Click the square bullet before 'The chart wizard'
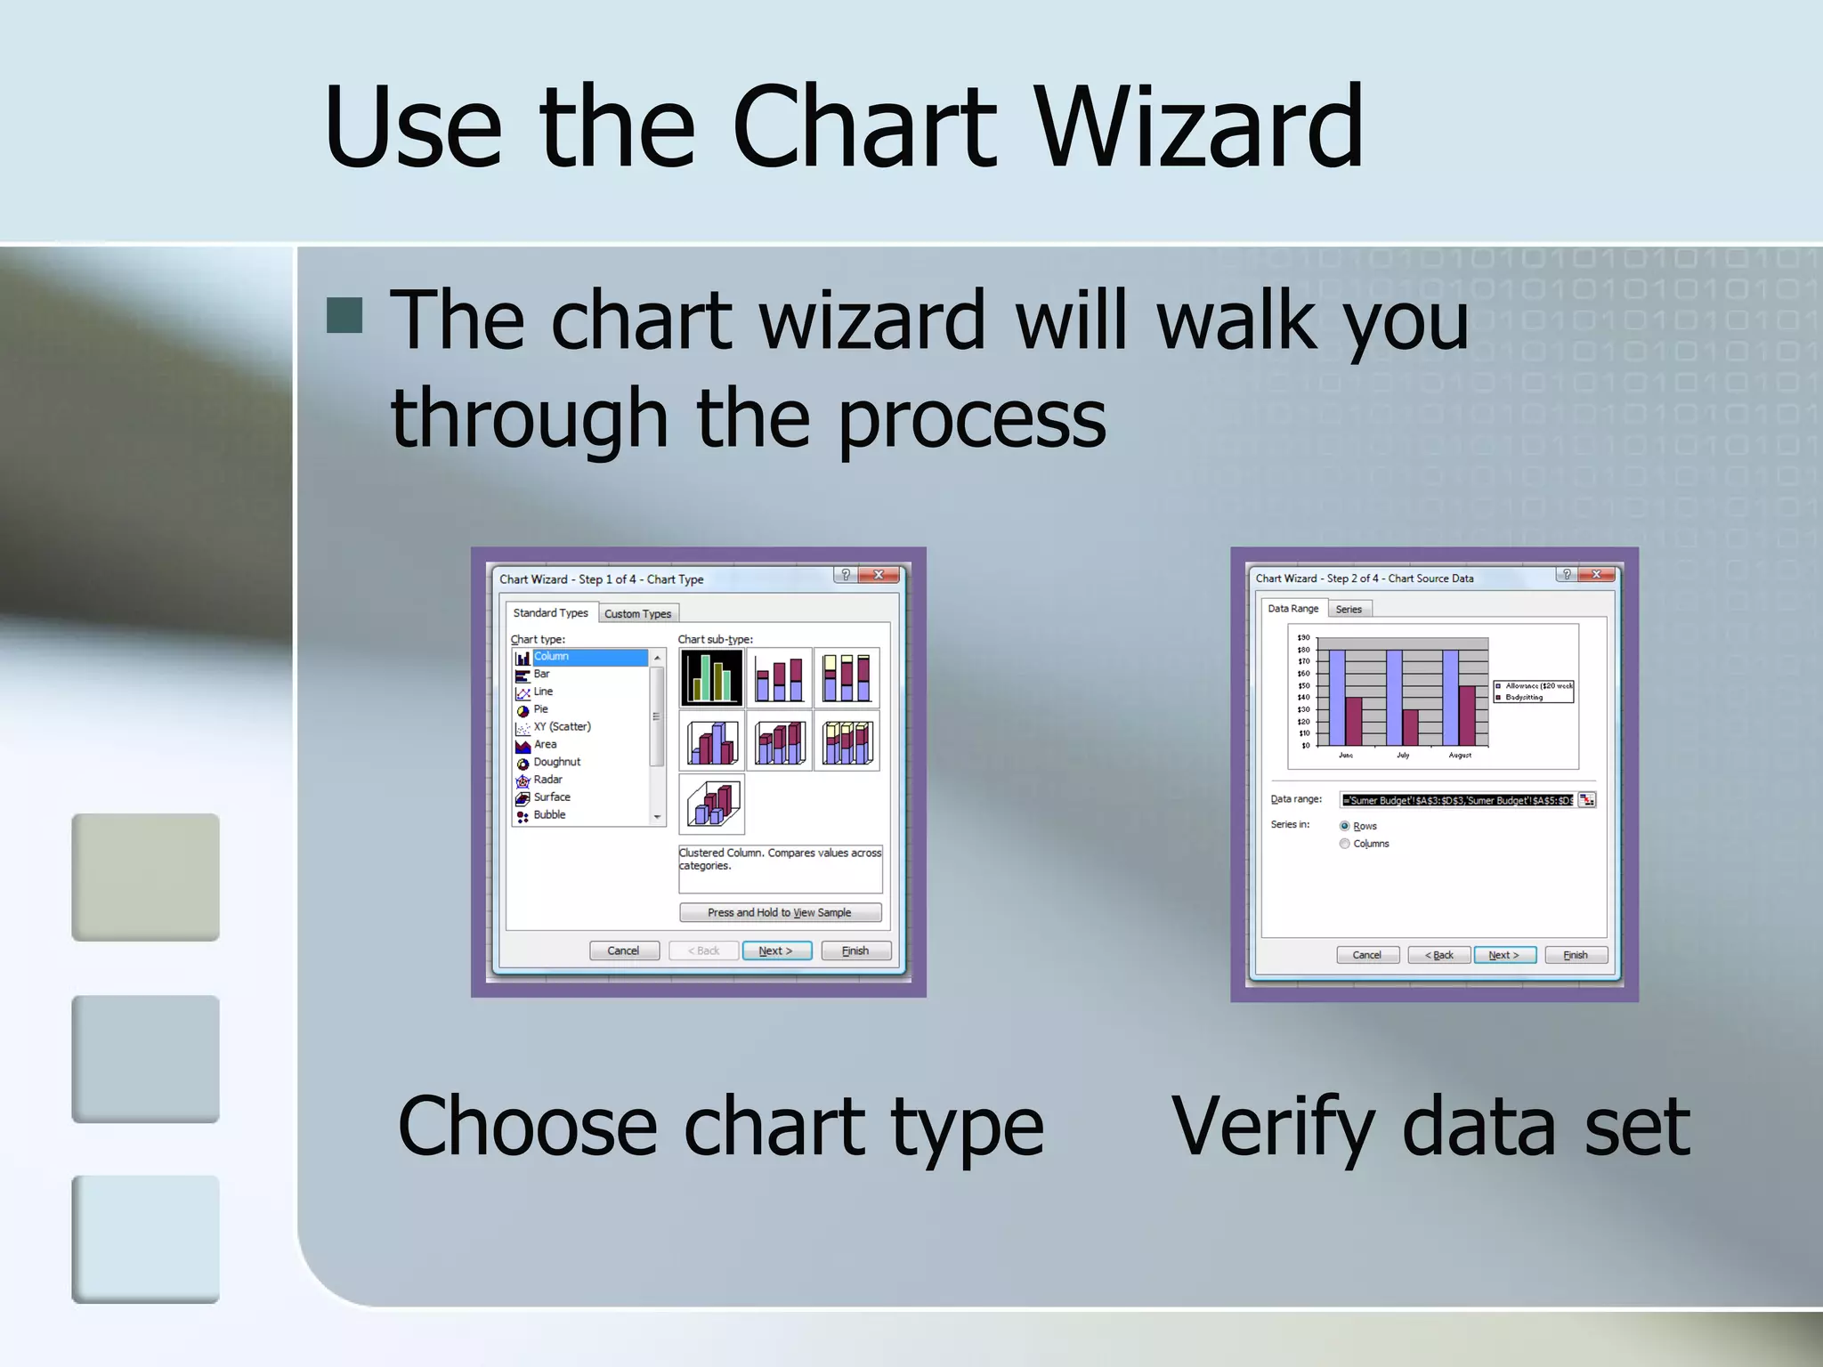(x=344, y=315)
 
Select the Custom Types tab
(x=637, y=614)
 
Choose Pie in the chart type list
(x=540, y=709)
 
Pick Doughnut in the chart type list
(x=556, y=762)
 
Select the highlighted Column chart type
(x=551, y=657)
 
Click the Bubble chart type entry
(x=549, y=814)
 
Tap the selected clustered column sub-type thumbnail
(x=711, y=677)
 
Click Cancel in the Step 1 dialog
(x=624, y=950)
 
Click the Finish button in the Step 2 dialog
(x=1576, y=955)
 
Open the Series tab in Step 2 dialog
(x=1349, y=610)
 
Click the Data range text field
(x=1458, y=800)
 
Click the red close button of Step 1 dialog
(x=879, y=575)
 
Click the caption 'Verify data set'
(x=1430, y=1128)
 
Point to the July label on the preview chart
(x=1403, y=755)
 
